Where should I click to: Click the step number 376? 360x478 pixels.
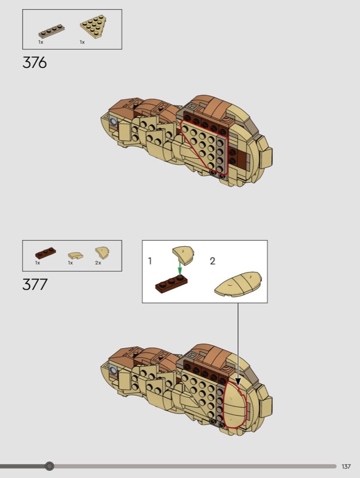[35, 63]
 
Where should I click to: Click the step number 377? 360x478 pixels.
[35, 284]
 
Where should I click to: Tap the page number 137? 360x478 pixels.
[346, 467]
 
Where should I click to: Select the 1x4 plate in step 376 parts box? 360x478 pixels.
[51, 32]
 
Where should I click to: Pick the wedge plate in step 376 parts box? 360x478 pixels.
[93, 27]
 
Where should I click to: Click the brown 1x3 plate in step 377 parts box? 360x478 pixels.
[45, 253]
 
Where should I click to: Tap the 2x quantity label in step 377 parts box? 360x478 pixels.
[98, 263]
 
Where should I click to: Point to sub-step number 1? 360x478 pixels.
[150, 261]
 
